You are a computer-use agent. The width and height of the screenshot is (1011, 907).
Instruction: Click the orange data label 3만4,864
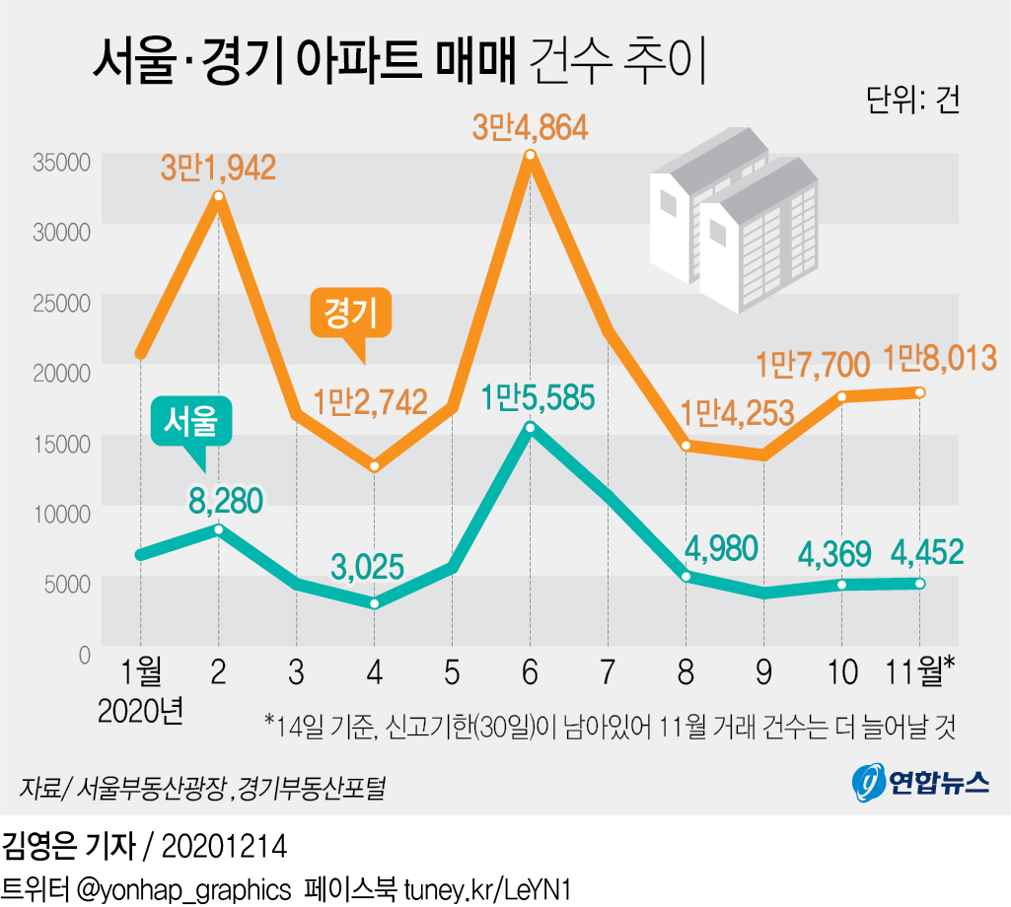pos(530,128)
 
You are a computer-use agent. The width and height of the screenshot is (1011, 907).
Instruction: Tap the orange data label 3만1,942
pos(218,168)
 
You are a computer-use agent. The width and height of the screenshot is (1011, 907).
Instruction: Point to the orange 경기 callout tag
pos(352,313)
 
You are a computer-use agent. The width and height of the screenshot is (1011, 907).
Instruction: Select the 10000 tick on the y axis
pos(61,512)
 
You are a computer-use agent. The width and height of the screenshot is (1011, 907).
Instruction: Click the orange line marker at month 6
pos(530,155)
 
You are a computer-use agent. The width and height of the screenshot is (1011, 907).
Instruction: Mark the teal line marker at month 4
pos(374,603)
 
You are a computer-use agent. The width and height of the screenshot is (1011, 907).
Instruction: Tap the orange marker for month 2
pos(218,196)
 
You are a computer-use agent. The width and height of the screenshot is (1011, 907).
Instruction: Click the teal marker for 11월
pos(919,584)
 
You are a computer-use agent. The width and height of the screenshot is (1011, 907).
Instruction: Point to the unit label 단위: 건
pos(912,100)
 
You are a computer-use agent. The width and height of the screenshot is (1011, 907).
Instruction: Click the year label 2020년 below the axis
pos(141,710)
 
